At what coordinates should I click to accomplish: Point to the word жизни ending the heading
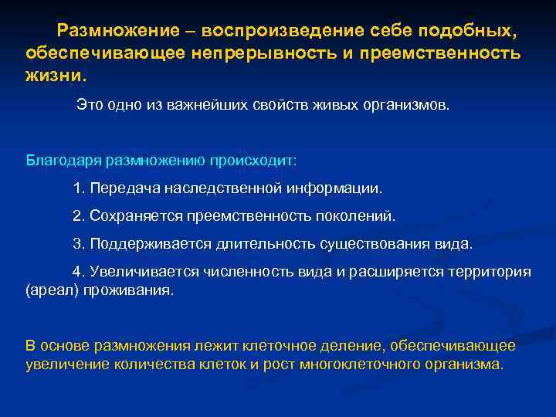click(55, 76)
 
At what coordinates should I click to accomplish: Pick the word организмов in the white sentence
click(405, 103)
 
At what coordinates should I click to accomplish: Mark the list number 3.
click(77, 244)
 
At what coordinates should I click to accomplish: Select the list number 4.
click(77, 272)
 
